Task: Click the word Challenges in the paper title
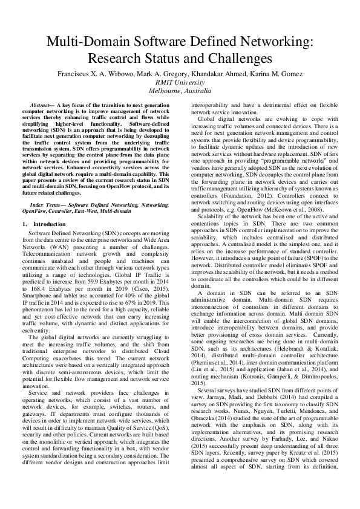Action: pyautogui.click(x=238, y=59)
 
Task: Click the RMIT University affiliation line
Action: pyautogui.click(x=180, y=82)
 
